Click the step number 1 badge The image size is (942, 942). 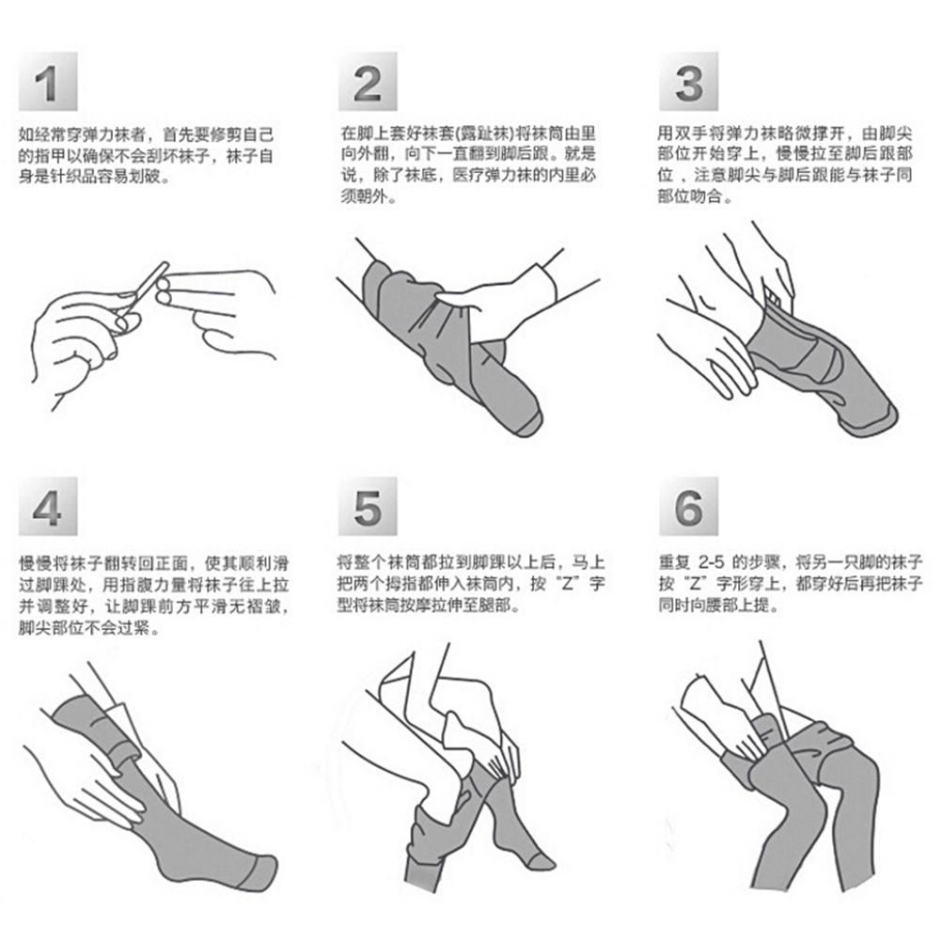tap(48, 81)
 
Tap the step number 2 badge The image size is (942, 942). tap(368, 81)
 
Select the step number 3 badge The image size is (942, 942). tap(688, 81)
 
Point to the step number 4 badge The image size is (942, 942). tap(48, 506)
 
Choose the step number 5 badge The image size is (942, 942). tap(368, 506)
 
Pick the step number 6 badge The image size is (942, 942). tap(688, 506)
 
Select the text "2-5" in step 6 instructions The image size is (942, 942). tap(712, 562)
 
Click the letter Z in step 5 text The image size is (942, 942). tap(568, 584)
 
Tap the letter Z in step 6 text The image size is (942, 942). tap(695, 584)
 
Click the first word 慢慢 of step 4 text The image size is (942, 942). tap(36, 563)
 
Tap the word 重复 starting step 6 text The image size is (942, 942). tap(676, 563)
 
